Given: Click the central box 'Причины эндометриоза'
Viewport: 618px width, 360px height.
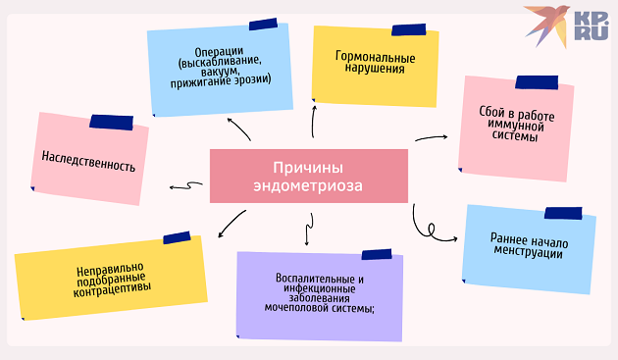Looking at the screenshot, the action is (x=308, y=176).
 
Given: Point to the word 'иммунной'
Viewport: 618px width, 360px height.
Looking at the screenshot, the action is (x=519, y=125).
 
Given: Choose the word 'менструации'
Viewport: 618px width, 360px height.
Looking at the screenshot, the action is (x=529, y=253).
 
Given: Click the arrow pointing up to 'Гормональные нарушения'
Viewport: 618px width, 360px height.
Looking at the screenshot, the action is (x=315, y=119).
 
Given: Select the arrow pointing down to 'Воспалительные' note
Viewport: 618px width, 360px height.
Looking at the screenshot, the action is (x=307, y=232).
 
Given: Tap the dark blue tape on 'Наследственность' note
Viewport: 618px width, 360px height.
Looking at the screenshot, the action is (x=111, y=122).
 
